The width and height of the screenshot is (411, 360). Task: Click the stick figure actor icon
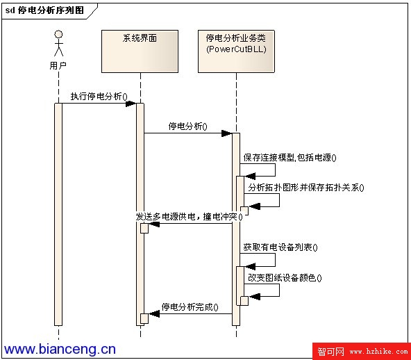pos(58,43)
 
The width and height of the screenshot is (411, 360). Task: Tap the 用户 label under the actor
pos(58,65)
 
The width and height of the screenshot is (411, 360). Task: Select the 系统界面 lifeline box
pos(140,51)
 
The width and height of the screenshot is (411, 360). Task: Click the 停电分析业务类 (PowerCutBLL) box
pos(236,51)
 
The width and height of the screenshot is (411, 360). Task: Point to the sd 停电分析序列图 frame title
pos(44,10)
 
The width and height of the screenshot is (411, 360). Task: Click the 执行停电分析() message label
pos(99,97)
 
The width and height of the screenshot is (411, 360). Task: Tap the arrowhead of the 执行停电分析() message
pos(131,104)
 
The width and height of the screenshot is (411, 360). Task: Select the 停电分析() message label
pos(187,126)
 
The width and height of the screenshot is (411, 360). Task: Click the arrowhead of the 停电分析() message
pos(227,133)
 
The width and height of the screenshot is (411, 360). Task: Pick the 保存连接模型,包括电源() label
pos(290,158)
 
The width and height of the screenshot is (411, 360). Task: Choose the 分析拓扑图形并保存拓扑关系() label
pos(306,188)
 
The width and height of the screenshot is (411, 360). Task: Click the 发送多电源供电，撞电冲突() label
pos(189,217)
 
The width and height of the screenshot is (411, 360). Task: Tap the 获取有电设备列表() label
pos(280,247)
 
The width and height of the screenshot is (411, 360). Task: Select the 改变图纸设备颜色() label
pos(285,277)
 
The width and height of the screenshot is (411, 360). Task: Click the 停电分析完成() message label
pos(190,306)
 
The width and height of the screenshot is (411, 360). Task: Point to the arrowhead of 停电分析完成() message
pos(154,313)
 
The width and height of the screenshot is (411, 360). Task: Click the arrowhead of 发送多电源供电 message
pos(154,224)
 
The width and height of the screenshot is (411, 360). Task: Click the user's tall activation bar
pos(58,214)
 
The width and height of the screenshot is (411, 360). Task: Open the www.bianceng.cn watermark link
pos(60,349)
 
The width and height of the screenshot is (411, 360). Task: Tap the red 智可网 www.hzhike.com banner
pos(362,351)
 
